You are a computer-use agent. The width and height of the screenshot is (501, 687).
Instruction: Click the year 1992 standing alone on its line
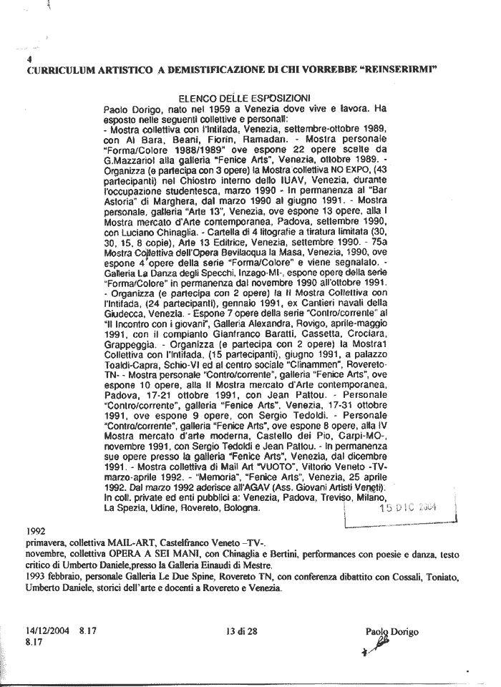(x=35, y=533)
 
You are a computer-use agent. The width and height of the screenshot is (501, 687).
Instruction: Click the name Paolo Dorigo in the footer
(x=391, y=631)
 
